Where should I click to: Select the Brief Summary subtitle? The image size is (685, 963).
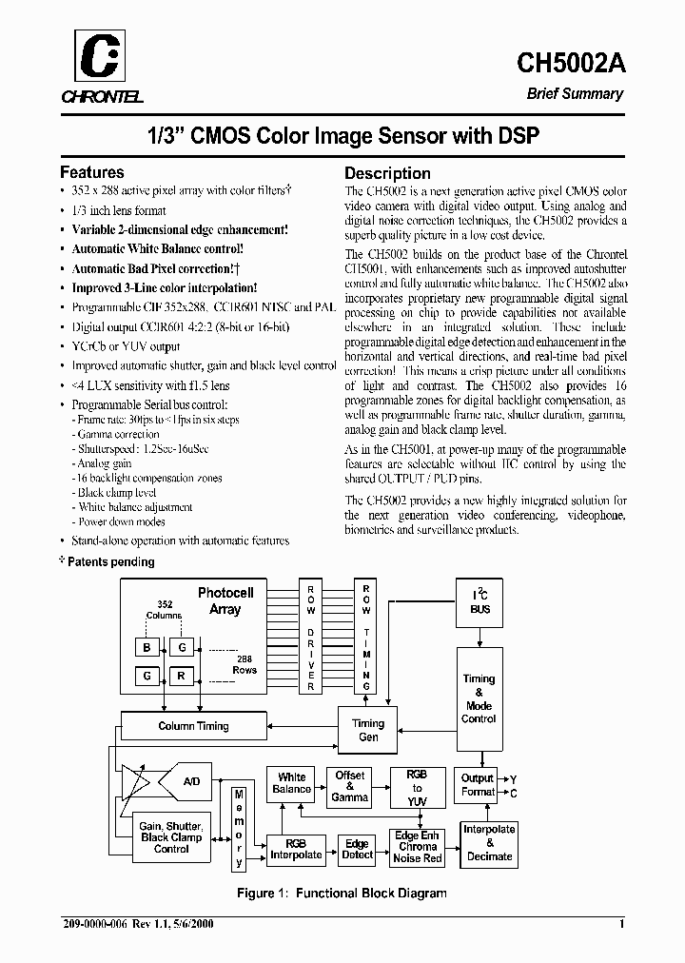(576, 94)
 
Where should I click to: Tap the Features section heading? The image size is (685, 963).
(92, 173)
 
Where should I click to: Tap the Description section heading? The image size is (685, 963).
(387, 173)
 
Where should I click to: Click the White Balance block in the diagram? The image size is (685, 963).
(292, 783)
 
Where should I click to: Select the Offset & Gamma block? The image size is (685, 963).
(350, 786)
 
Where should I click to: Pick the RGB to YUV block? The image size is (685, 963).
(417, 788)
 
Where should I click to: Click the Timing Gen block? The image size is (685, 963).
(368, 731)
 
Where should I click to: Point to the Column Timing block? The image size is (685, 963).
(193, 726)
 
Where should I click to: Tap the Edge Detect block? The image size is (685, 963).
(357, 849)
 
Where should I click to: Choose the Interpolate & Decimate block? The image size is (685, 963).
(489, 842)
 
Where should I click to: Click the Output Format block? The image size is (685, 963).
(478, 785)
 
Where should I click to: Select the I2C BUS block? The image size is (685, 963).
(479, 602)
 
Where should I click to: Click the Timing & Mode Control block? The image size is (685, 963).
(479, 699)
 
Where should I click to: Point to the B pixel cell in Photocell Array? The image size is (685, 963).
(147, 646)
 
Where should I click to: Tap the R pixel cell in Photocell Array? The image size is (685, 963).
(181, 677)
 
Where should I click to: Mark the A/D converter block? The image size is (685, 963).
(192, 782)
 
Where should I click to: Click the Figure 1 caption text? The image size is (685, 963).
(342, 894)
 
